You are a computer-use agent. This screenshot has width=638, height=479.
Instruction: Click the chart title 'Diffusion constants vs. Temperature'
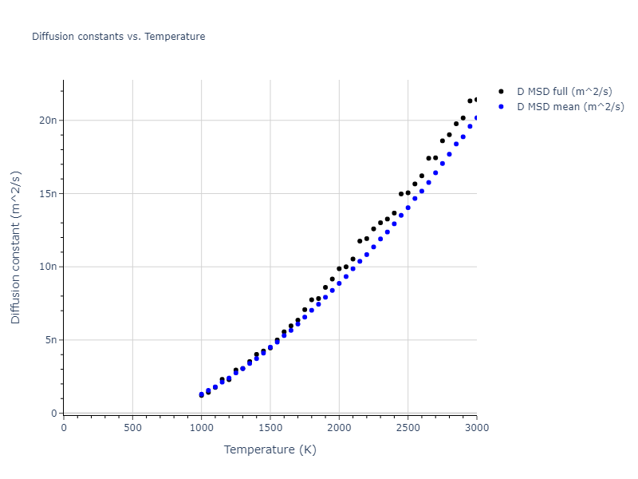click(118, 37)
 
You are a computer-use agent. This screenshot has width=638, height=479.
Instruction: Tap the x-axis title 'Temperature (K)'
click(270, 449)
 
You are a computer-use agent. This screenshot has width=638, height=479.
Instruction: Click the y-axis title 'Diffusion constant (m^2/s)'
click(16, 247)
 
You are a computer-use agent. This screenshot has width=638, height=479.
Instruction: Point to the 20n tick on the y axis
click(49, 121)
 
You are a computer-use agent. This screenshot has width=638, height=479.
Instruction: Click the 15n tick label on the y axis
click(49, 193)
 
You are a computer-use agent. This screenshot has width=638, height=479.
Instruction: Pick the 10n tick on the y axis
click(49, 267)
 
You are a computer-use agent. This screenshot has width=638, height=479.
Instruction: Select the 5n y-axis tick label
click(51, 340)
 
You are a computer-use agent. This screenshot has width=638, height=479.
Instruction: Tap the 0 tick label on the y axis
click(54, 414)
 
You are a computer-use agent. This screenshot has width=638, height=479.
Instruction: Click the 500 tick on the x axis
click(132, 427)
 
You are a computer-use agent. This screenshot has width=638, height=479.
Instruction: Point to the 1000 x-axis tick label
click(201, 427)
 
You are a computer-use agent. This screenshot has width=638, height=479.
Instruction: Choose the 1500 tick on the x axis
click(270, 427)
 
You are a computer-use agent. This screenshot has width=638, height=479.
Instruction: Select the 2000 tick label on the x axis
click(339, 427)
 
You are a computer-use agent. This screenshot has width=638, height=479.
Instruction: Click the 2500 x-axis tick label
click(408, 427)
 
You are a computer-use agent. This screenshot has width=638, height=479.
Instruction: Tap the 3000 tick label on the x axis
click(476, 427)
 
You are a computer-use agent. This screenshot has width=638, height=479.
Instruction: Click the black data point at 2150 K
click(360, 241)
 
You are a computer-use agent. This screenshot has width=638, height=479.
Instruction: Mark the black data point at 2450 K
click(401, 194)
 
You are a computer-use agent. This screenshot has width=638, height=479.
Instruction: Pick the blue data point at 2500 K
click(408, 208)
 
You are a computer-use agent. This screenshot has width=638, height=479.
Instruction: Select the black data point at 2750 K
click(443, 141)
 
